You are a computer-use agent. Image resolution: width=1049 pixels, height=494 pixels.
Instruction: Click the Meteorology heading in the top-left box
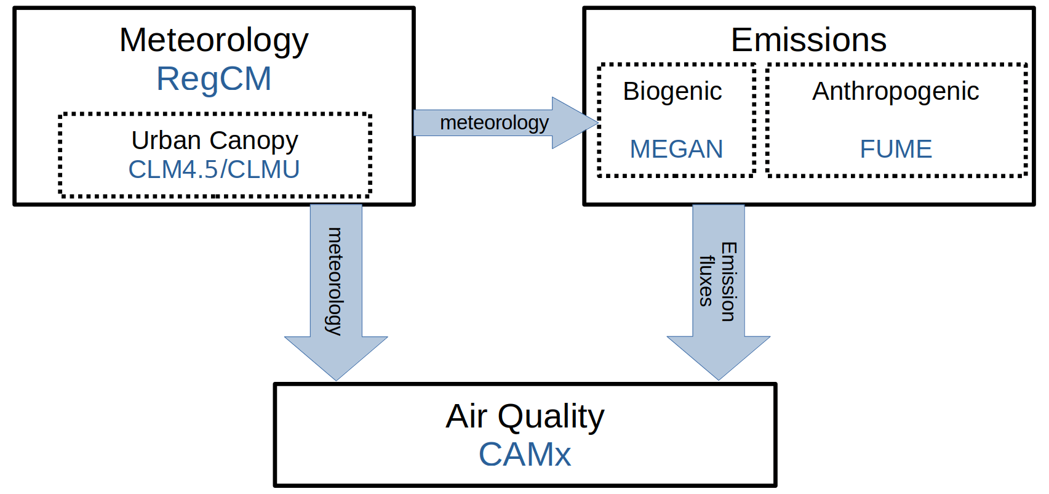click(x=213, y=40)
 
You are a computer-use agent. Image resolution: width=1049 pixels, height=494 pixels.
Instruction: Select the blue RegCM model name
click(x=213, y=79)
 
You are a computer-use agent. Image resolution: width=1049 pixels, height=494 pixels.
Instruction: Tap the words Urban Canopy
click(x=214, y=140)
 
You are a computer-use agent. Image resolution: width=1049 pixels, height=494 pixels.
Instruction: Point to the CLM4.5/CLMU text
click(x=213, y=169)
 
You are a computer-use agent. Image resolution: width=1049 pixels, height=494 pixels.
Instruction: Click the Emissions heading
click(x=808, y=40)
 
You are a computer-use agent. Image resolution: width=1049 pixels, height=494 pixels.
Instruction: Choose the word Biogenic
click(x=672, y=91)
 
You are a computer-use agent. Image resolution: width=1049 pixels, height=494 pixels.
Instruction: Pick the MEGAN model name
click(x=676, y=149)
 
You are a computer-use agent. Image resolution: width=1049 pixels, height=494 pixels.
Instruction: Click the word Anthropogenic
click(x=895, y=91)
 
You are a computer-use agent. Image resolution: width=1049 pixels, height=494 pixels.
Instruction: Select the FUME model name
click(x=896, y=149)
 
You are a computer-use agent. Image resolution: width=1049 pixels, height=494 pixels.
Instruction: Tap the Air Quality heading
click(x=525, y=416)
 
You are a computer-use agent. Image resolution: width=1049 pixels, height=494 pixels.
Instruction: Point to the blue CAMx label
click(x=525, y=455)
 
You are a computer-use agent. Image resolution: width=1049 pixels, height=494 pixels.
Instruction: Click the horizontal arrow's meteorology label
click(x=494, y=123)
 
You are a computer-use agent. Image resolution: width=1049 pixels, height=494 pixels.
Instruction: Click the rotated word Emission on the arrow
click(x=728, y=281)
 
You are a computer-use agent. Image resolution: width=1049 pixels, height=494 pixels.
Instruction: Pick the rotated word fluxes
click(x=706, y=281)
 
